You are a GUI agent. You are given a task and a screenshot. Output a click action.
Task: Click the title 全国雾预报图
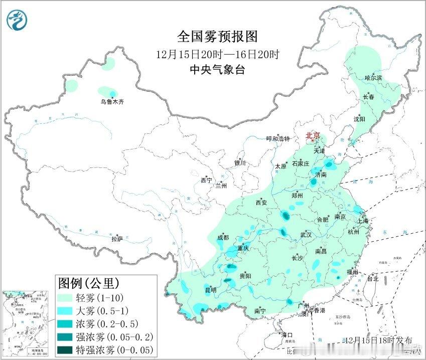click(x=217, y=37)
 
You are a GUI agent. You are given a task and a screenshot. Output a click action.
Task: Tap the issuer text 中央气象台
click(x=217, y=70)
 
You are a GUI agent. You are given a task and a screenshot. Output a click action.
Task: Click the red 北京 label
click(x=313, y=135)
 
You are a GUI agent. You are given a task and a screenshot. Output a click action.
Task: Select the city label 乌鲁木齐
click(x=111, y=102)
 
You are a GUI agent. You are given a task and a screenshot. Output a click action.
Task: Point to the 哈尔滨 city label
click(x=373, y=78)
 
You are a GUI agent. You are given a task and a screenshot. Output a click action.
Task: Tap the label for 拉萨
click(x=117, y=239)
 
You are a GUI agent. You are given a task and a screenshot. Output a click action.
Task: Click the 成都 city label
click(x=223, y=237)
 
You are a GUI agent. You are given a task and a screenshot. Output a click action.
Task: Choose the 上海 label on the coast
click(x=362, y=221)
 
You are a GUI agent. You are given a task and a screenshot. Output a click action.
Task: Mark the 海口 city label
click(x=287, y=335)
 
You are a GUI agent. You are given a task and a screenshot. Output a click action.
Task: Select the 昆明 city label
click(x=211, y=290)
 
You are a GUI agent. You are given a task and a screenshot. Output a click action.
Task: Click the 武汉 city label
click(x=306, y=235)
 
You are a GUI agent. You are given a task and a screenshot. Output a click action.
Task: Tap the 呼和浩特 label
click(x=278, y=139)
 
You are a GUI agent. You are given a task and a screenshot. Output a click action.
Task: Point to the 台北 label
click(x=373, y=278)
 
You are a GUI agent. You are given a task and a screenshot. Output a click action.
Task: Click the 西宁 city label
click(x=206, y=180)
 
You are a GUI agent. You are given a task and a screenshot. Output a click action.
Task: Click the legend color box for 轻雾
click(x=65, y=297)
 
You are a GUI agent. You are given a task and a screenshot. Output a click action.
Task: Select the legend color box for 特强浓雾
click(x=65, y=349)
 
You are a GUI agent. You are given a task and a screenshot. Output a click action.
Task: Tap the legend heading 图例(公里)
click(x=89, y=282)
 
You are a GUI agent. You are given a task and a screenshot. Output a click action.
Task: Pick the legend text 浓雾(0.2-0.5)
click(x=108, y=323)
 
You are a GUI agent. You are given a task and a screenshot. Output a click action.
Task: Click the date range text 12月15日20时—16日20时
click(x=217, y=54)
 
